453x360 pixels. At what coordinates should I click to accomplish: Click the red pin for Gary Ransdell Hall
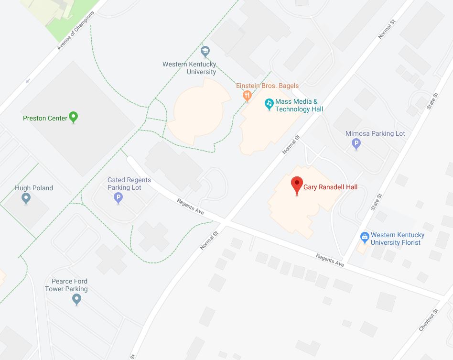point(297,184)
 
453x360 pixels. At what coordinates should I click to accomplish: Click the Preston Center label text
point(45,118)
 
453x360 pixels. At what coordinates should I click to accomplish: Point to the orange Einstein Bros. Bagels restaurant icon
point(247,95)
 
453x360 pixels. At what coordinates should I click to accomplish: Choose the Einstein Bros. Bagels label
point(267,86)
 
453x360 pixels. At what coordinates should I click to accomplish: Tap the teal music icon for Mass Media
point(269,103)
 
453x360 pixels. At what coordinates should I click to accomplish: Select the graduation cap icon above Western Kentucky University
point(205,51)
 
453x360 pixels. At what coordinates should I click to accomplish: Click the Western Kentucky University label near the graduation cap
point(189,68)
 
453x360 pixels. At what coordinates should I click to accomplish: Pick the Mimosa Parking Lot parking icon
point(356,143)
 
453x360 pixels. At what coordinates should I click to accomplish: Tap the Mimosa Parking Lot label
point(375,133)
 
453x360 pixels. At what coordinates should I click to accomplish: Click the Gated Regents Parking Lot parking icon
point(119,197)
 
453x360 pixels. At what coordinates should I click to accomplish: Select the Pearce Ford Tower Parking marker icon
point(76,299)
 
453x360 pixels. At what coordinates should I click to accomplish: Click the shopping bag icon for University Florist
point(364,236)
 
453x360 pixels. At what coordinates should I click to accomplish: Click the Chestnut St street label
point(429,320)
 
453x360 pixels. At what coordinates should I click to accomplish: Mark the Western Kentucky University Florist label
point(397,239)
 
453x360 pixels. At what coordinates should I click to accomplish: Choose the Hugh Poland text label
point(34,188)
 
